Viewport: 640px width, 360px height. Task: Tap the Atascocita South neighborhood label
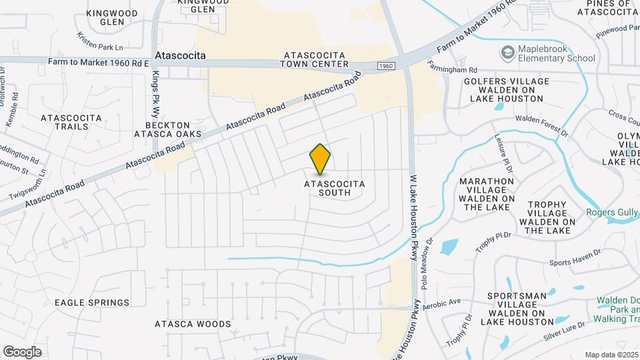tap(326, 187)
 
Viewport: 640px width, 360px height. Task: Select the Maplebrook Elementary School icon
tap(508, 52)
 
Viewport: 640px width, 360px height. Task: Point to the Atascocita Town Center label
tap(315, 59)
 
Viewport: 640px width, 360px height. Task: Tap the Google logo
tap(22, 351)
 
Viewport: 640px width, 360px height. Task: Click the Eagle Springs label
tap(92, 303)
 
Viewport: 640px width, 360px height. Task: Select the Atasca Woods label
tap(183, 325)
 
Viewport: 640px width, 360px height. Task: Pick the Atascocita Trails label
tap(71, 122)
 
